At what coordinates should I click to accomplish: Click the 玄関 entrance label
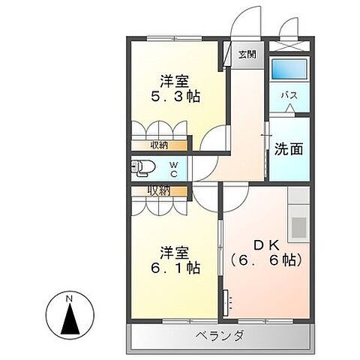pyautogui.click(x=246, y=54)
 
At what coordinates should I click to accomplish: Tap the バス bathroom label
pyautogui.click(x=287, y=97)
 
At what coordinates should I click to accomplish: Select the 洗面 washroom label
pyautogui.click(x=288, y=148)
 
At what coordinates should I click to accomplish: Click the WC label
pyautogui.click(x=172, y=169)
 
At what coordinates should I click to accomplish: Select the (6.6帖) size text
pyautogui.click(x=266, y=261)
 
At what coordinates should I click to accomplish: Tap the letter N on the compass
pyautogui.click(x=68, y=299)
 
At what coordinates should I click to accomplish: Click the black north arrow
pyautogui.click(x=68, y=319)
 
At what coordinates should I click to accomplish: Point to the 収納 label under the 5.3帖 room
pyautogui.click(x=158, y=145)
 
